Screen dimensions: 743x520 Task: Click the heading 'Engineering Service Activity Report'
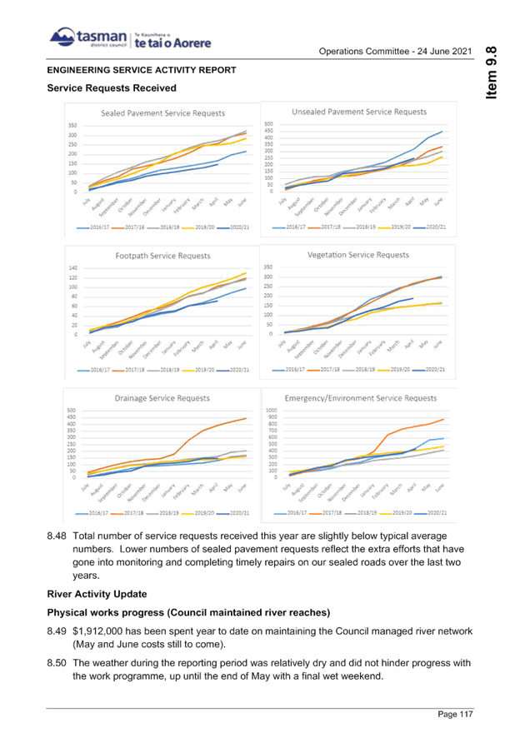tap(142, 70)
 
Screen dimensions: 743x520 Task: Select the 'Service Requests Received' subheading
tap(112, 87)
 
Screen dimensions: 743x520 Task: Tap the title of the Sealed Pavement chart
tap(163, 113)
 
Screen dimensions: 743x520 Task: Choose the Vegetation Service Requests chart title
tap(358, 254)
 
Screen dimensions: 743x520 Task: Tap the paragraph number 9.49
tap(57, 631)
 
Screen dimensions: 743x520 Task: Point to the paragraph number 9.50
tap(57, 663)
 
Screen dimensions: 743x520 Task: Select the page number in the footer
tap(455, 714)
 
